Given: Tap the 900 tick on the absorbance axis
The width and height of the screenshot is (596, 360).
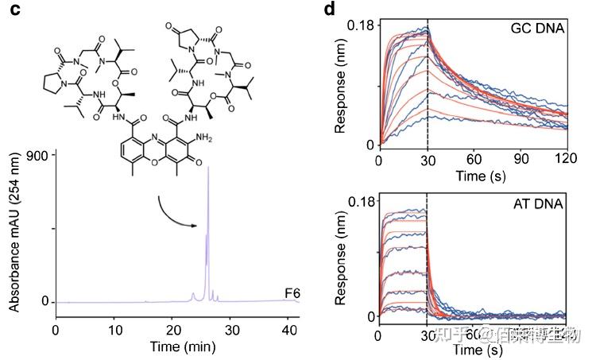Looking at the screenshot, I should (41, 154).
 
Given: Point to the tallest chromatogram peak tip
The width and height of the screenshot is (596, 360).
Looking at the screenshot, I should (207, 168).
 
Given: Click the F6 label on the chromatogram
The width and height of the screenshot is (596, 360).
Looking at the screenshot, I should (291, 293).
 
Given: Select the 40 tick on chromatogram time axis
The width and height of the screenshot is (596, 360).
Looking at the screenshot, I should (292, 327).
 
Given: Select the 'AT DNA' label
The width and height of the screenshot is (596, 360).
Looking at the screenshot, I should (538, 205).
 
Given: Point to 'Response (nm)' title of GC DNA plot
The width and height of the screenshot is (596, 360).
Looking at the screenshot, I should (339, 85).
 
